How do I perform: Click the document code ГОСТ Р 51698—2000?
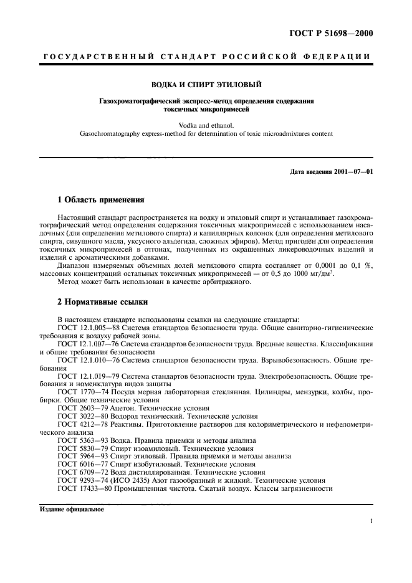tap(335, 33)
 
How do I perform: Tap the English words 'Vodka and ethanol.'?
tap(206, 124)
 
